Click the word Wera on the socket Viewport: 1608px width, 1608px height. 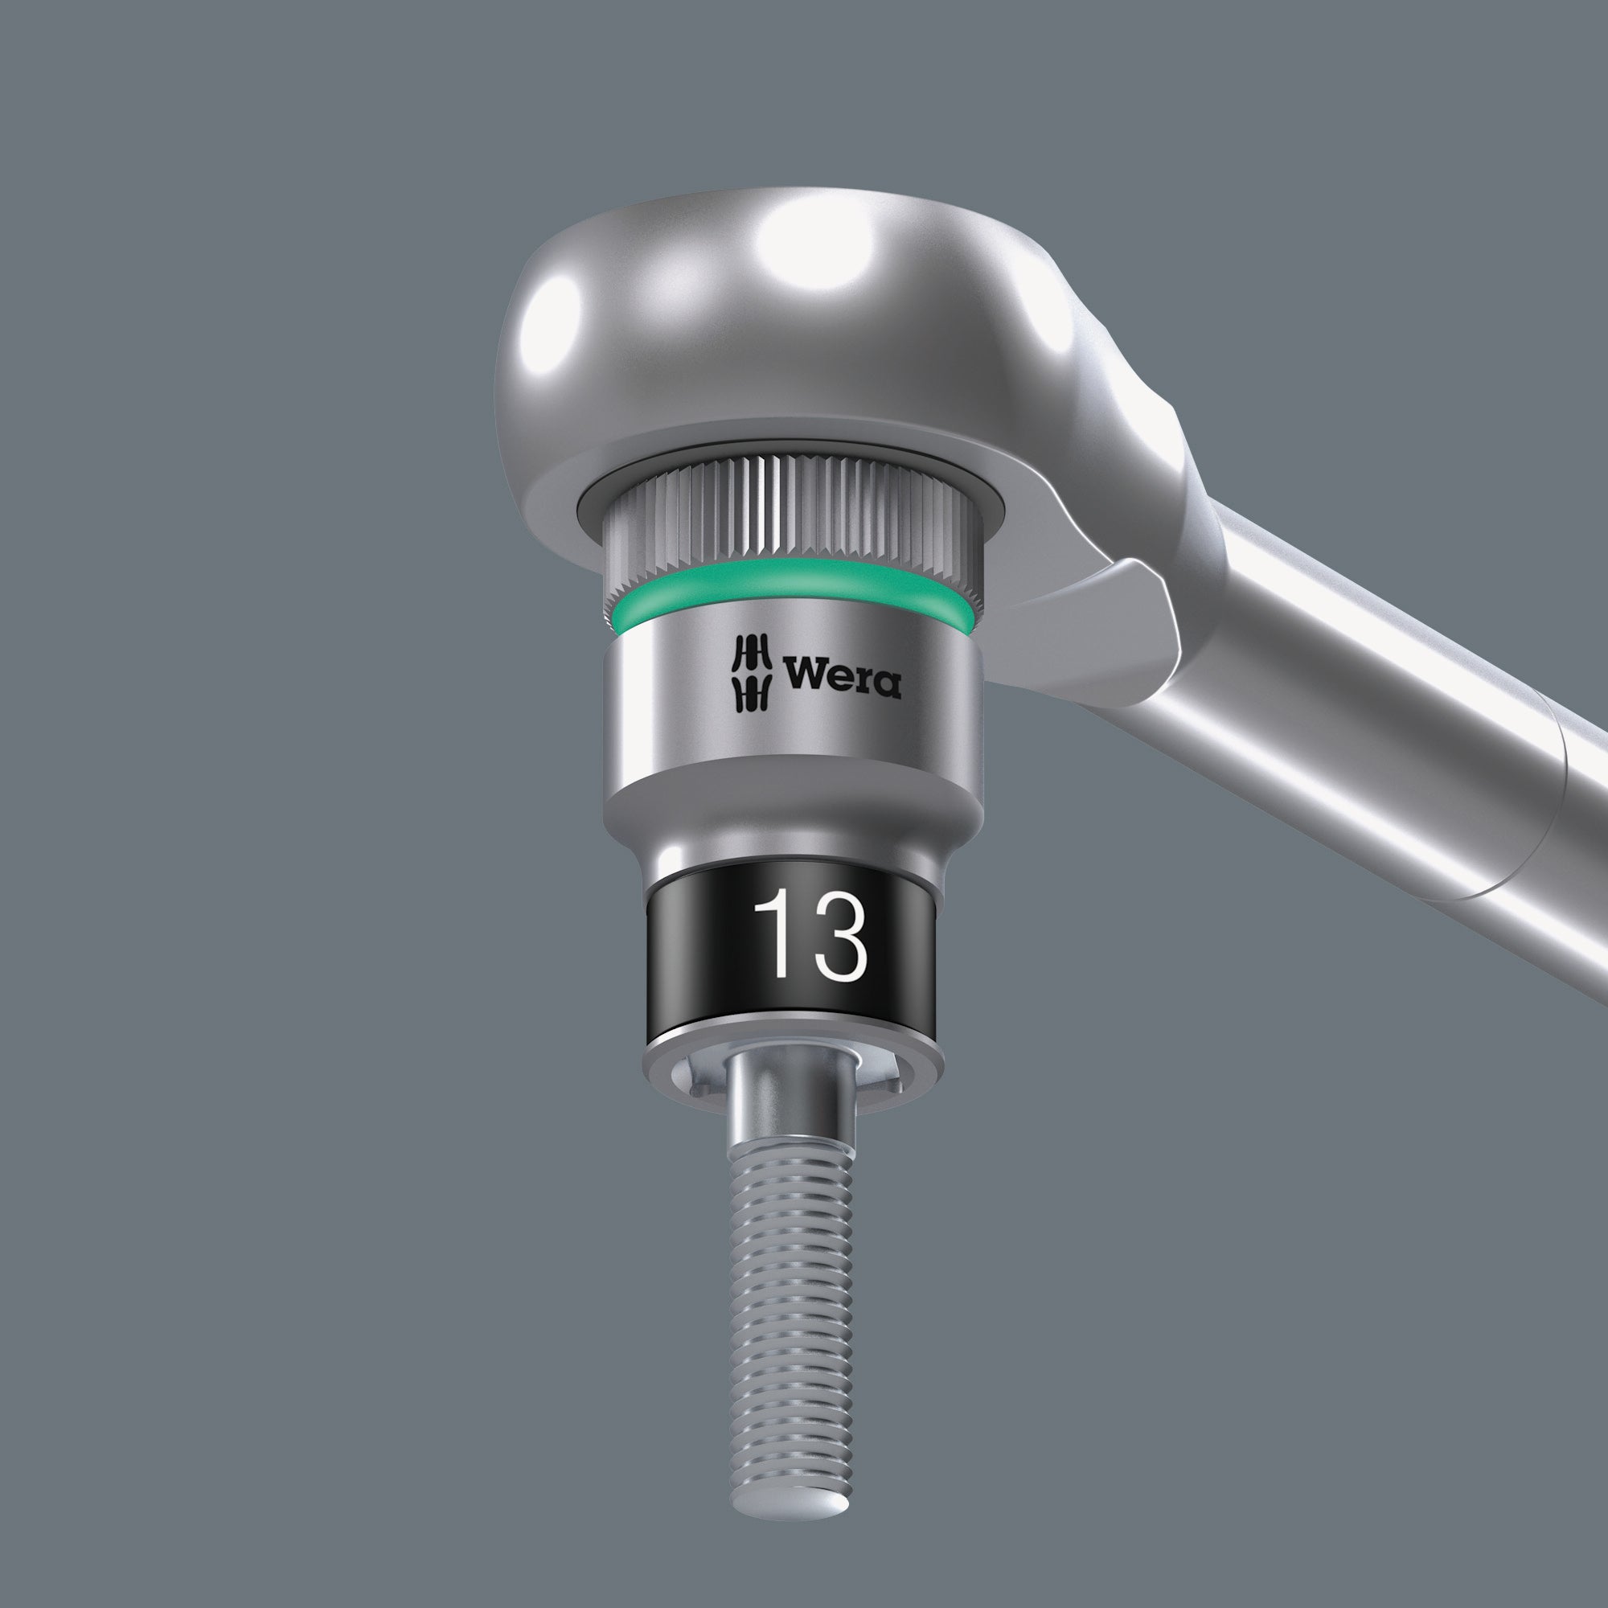[842, 676]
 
